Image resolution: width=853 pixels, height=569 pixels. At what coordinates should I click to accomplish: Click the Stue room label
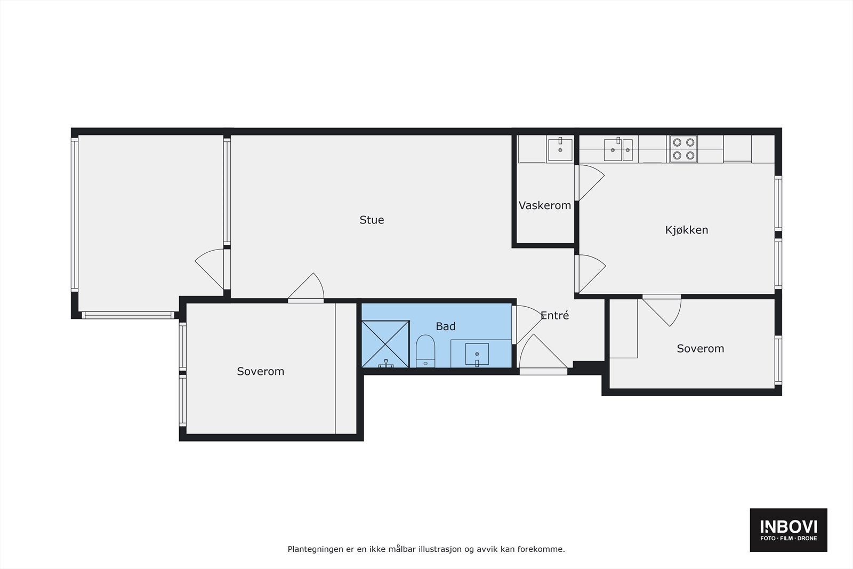[372, 220]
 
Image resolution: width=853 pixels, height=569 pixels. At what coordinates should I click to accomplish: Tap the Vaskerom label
[544, 205]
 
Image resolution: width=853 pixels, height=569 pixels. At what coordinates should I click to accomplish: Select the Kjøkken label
[686, 230]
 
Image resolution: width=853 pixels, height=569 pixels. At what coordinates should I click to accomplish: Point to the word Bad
[445, 326]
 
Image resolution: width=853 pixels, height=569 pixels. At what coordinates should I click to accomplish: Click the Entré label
[554, 315]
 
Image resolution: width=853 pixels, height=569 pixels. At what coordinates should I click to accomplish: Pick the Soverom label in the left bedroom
[260, 371]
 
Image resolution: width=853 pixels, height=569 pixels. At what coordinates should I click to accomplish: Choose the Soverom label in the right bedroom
[700, 348]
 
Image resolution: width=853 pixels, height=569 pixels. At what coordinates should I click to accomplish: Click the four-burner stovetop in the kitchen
[683, 149]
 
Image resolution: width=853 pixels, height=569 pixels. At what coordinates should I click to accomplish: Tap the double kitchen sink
[618, 149]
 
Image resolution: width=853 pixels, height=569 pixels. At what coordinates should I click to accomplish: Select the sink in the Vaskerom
[560, 149]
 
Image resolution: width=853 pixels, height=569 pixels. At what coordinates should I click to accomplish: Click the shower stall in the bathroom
[385, 344]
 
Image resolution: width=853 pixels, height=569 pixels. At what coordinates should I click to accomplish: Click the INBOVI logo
[788, 530]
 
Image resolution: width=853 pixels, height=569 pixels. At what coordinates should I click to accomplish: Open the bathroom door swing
[527, 323]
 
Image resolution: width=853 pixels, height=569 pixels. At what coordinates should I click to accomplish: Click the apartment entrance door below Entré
[542, 355]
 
